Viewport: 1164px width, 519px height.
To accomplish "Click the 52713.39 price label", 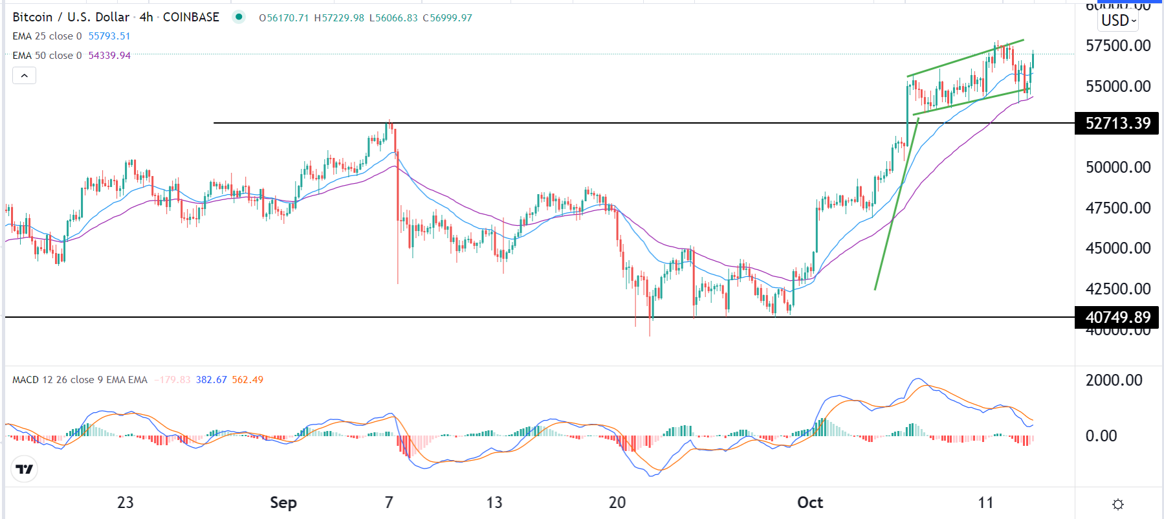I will point(1117,123).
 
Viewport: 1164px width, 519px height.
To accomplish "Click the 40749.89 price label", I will point(1117,317).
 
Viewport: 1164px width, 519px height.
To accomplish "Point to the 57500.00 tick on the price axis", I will point(1117,46).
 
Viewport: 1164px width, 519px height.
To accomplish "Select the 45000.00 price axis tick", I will point(1117,248).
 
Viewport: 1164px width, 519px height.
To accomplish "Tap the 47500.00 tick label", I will point(1117,208).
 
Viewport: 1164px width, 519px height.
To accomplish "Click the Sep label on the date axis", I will point(283,503).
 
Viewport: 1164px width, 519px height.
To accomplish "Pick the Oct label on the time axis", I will point(810,503).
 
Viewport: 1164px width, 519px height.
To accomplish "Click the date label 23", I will point(126,503).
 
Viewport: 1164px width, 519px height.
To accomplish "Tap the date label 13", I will point(494,503).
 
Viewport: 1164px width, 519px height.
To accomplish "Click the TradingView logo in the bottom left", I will point(25,469).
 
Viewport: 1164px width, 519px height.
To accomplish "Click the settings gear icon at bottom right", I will point(1118,504).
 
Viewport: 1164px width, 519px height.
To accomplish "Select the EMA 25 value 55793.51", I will point(109,36).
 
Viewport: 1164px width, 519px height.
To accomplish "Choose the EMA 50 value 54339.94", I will point(109,56).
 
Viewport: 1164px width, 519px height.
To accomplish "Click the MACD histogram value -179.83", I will point(172,380).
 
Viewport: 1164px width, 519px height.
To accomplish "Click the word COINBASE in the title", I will point(191,17).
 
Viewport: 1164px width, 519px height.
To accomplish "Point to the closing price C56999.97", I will point(448,18).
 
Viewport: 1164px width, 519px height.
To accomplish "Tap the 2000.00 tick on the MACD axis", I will point(1114,381).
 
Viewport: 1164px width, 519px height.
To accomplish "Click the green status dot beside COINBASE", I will point(239,17).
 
